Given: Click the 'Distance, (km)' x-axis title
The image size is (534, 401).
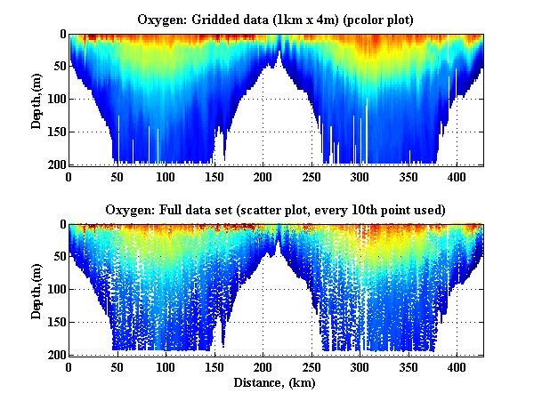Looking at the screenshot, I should click(x=275, y=383).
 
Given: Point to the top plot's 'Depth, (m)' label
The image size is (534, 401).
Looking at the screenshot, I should click(x=36, y=99).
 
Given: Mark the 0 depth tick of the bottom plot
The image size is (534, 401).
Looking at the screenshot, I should click(x=61, y=225).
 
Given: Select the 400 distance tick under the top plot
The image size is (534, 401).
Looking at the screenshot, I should click(x=457, y=176).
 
